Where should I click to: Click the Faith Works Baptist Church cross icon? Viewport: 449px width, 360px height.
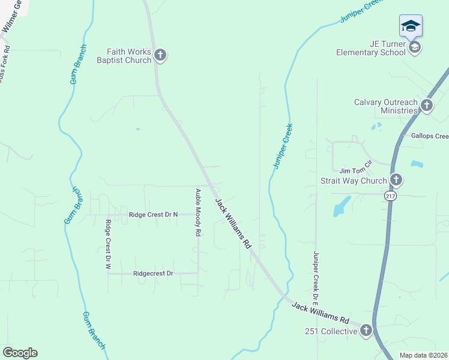pyautogui.click(x=160, y=56)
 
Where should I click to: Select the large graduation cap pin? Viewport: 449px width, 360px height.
pyautogui.click(x=411, y=26)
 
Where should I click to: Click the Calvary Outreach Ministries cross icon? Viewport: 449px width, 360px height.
pyautogui.click(x=426, y=106)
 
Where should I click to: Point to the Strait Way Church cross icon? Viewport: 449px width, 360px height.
pyautogui.click(x=396, y=180)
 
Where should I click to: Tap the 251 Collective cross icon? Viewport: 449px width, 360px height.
pyautogui.click(x=366, y=331)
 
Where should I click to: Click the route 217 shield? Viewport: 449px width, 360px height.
pyautogui.click(x=391, y=196)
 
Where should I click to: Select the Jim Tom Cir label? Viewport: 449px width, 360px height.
pyautogui.click(x=356, y=171)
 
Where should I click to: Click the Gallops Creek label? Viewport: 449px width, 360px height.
pyautogui.click(x=430, y=136)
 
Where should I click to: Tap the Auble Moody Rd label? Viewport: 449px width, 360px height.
pyautogui.click(x=197, y=213)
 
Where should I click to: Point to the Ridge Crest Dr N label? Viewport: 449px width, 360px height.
pyautogui.click(x=154, y=214)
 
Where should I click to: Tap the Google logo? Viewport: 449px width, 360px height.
pyautogui.click(x=20, y=352)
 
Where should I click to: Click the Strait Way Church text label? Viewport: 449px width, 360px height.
pyautogui.click(x=354, y=181)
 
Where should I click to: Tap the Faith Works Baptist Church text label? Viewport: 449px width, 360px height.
pyautogui.click(x=125, y=56)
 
